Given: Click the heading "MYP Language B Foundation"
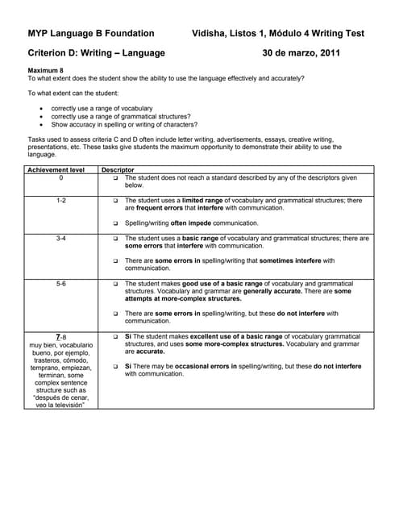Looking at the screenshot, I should (x=90, y=34).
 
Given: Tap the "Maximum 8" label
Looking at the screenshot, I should (x=45, y=71).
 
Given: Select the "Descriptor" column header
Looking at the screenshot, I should (x=118, y=170).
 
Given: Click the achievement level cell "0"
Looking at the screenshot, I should (x=60, y=177).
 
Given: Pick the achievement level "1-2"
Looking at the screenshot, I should (x=60, y=199).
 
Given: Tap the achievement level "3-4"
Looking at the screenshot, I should (x=60, y=239).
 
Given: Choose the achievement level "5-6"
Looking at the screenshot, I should (x=60, y=284).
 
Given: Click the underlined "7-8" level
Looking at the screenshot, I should (x=60, y=336).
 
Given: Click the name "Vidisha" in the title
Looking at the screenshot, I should (x=211, y=34).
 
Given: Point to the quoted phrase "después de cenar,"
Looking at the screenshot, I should (x=60, y=397).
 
